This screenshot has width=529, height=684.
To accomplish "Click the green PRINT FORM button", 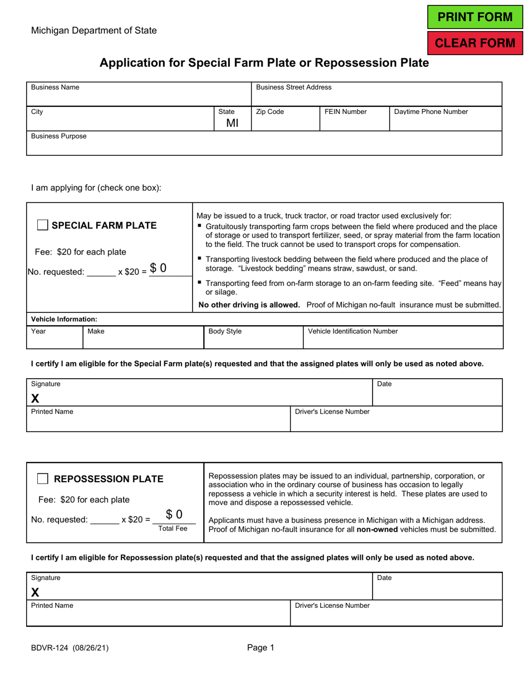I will pos(475,17).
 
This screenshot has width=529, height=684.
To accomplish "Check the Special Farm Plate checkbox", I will pos(42,225).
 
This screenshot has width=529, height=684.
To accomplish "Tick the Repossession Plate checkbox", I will pos(42,479).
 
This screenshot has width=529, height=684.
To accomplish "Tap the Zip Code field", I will pos(285,121).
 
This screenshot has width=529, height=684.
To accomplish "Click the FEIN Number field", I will pos(354,121).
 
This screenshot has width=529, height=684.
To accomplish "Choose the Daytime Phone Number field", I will pos(445,121).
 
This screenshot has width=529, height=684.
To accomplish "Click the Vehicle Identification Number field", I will pos(403,340).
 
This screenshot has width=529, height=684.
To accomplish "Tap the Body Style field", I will pos(253,340).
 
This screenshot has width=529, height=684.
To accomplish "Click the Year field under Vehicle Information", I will pos(54,340).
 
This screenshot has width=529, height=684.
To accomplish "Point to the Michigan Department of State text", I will pos(94,31).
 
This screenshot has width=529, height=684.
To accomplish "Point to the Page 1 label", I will pos(261,648).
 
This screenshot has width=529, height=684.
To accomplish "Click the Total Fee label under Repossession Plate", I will pos(173,529).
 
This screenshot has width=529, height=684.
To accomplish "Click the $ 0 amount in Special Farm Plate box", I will pos(158,268).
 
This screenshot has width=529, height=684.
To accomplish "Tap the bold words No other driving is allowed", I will pos(249,305).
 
